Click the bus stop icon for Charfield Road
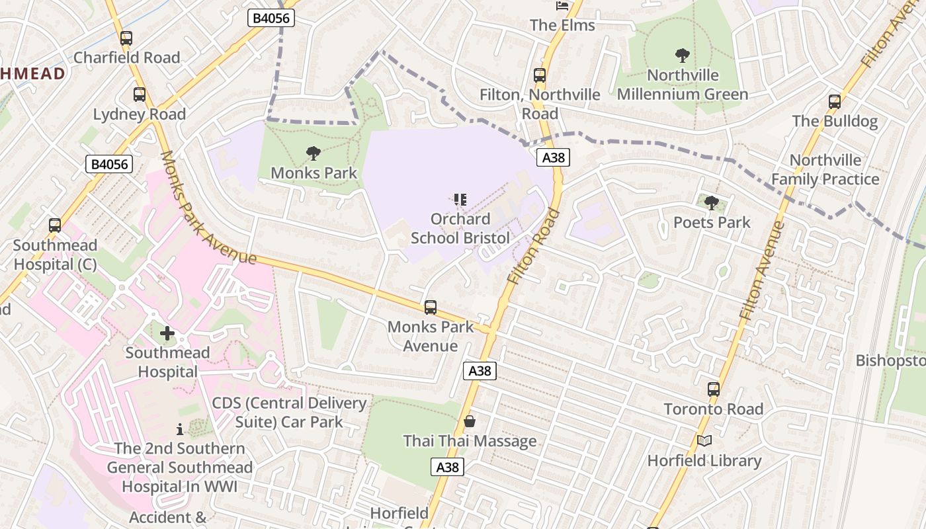[x=126, y=38]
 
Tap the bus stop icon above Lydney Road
[x=139, y=95]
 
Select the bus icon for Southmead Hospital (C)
[x=55, y=225]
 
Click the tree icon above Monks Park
[x=314, y=153]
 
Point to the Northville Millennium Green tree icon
[x=682, y=56]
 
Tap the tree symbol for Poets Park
[x=712, y=202]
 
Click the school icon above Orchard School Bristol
[x=460, y=199]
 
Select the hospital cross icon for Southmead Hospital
[x=167, y=333]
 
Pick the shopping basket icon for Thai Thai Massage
[x=470, y=421]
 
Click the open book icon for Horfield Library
[x=704, y=440]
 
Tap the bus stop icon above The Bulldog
[x=835, y=102]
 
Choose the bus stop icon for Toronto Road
[x=713, y=389]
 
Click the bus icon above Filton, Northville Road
[x=540, y=75]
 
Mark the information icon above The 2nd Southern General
[x=179, y=429]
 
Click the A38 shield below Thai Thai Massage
[x=448, y=467]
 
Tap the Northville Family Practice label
[x=825, y=170]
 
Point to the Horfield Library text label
[x=704, y=461]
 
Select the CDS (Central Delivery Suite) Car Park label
[x=289, y=412]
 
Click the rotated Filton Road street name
[x=533, y=247]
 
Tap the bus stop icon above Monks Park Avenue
[x=431, y=307]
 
